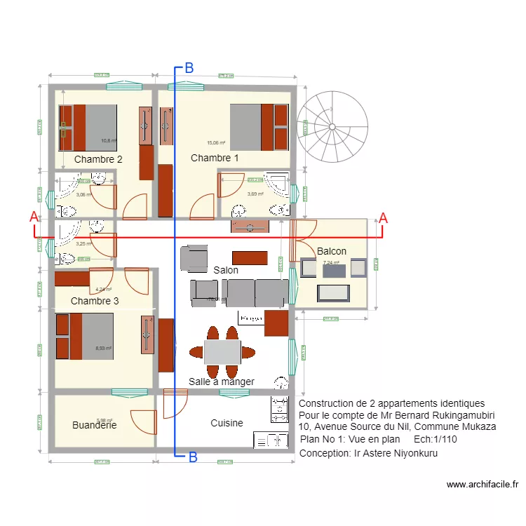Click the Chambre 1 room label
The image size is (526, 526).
[x=215, y=159]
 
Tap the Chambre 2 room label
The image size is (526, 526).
[x=98, y=159]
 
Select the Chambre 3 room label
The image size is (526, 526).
[x=95, y=301]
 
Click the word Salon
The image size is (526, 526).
[x=226, y=270]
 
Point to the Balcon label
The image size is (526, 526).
[x=332, y=251]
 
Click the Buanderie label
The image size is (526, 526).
[x=94, y=425]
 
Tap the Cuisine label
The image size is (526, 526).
[x=227, y=423]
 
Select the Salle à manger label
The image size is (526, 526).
[x=221, y=382]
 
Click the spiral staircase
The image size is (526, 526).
[x=332, y=127]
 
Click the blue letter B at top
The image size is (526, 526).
[x=189, y=68]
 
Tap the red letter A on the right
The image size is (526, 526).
[x=383, y=217]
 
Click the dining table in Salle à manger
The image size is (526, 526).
[x=222, y=351]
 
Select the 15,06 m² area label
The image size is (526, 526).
[x=216, y=142]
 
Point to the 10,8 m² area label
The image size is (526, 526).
[x=109, y=140]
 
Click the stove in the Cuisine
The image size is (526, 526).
[x=279, y=410]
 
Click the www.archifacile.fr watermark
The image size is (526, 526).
[x=482, y=484]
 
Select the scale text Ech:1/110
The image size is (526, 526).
[x=436, y=439]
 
